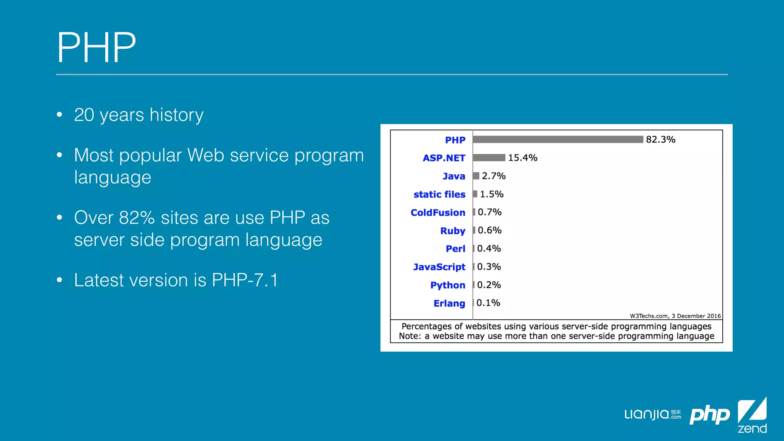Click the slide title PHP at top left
pos(96,47)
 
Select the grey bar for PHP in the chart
pos(558,139)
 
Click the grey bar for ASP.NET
pos(489,158)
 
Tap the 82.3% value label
pos(660,139)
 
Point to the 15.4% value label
pos(523,158)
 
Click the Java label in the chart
pos(454,176)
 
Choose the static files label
pos(439,194)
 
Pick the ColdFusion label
pos(438,212)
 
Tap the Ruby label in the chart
pos(452,231)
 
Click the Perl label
pos(455,249)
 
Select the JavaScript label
pos(439,267)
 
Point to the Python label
pos(448,285)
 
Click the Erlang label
pos(449,303)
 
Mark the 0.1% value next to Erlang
pos(488,303)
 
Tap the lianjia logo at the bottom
pos(652,415)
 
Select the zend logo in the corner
pos(752,416)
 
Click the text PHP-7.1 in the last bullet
pos(245,280)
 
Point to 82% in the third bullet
pos(137,218)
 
